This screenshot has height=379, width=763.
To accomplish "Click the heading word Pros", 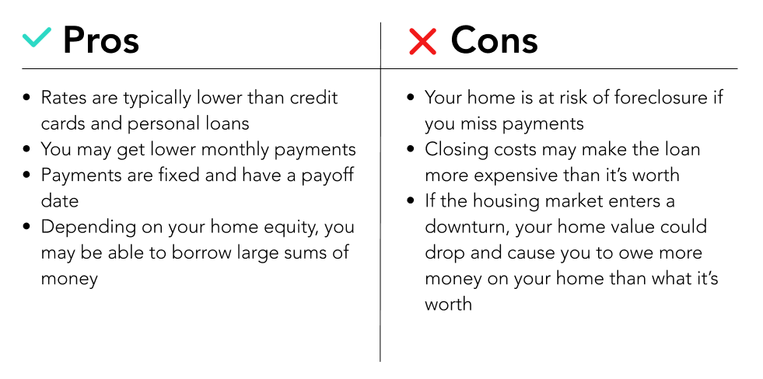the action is coord(101,40).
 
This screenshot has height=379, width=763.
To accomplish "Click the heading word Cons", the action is coord(494,40).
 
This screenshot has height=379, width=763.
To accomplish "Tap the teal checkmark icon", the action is coord(37,37).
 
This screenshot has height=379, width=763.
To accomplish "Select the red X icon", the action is coord(422,41).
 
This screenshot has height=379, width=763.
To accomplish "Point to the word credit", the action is coord(314,98).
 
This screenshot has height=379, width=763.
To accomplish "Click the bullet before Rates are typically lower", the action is coord(26,98).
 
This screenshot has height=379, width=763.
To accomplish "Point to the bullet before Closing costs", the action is coord(411,149).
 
